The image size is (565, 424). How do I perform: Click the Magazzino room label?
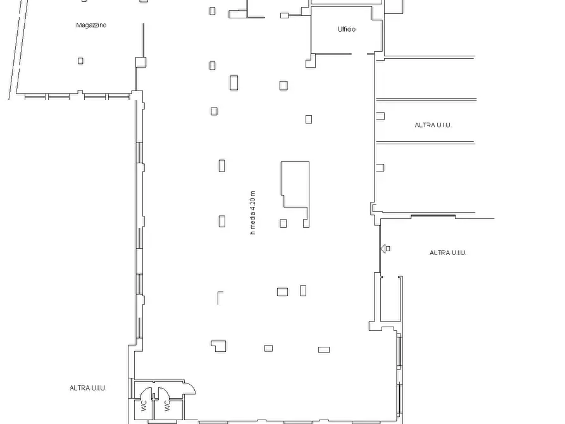point(91,25)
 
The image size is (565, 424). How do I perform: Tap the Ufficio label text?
point(347,29)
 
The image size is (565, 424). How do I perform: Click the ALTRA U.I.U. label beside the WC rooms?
point(88,388)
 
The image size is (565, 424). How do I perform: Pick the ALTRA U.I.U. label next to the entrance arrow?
point(448,253)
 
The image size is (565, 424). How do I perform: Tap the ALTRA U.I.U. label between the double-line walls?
point(433,125)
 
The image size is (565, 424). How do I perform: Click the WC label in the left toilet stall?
point(144,406)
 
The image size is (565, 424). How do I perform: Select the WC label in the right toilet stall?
point(167,406)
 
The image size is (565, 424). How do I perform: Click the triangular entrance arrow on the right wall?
point(383,249)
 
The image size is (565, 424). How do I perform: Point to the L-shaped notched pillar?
point(219,346)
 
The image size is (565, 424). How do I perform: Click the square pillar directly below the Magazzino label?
point(80,61)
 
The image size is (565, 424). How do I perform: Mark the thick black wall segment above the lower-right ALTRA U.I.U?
point(433,216)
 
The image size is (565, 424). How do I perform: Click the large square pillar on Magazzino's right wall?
point(141,62)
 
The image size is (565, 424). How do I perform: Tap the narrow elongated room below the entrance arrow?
point(390,299)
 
